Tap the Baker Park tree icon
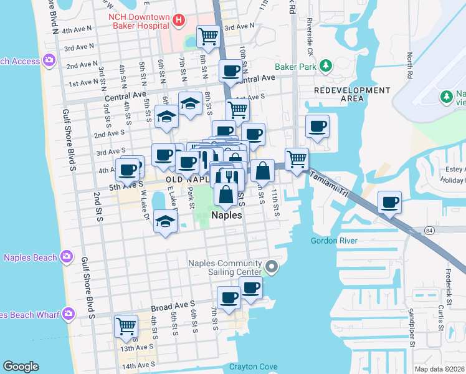pyautogui.click(x=325, y=65)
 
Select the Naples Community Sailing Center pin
pyautogui.click(x=271, y=267)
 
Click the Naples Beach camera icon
pyautogui.click(x=65, y=257)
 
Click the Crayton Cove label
pyautogui.click(x=252, y=367)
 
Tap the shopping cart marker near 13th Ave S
pyautogui.click(x=126, y=326)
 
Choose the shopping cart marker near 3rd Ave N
pyautogui.click(x=209, y=36)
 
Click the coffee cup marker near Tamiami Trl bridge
pyautogui.click(x=390, y=202)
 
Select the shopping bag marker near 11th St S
pyautogui.click(x=263, y=171)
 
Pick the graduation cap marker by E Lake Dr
pyautogui.click(x=165, y=222)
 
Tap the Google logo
pyautogui.click(x=21, y=367)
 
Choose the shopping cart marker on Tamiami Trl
pyautogui.click(x=297, y=159)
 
